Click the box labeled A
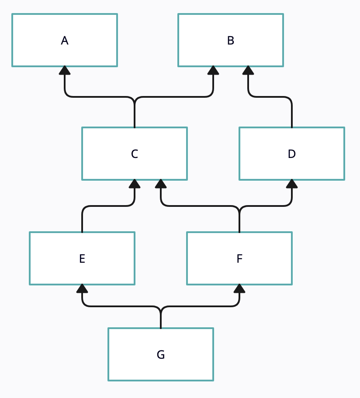[65, 40]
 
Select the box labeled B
[231, 40]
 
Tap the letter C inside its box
[135, 154]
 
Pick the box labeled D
[292, 154]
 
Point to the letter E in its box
[82, 259]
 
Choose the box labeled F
[239, 258]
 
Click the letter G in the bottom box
[161, 355]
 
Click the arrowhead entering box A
[65, 70]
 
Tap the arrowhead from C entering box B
[213, 70]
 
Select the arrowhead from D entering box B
[248, 70]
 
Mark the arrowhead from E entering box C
[135, 184]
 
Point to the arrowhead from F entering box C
[161, 184]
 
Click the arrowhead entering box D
[292, 184]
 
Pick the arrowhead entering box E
[82, 288]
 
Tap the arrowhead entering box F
[239, 288]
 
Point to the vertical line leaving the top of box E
[82, 220]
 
